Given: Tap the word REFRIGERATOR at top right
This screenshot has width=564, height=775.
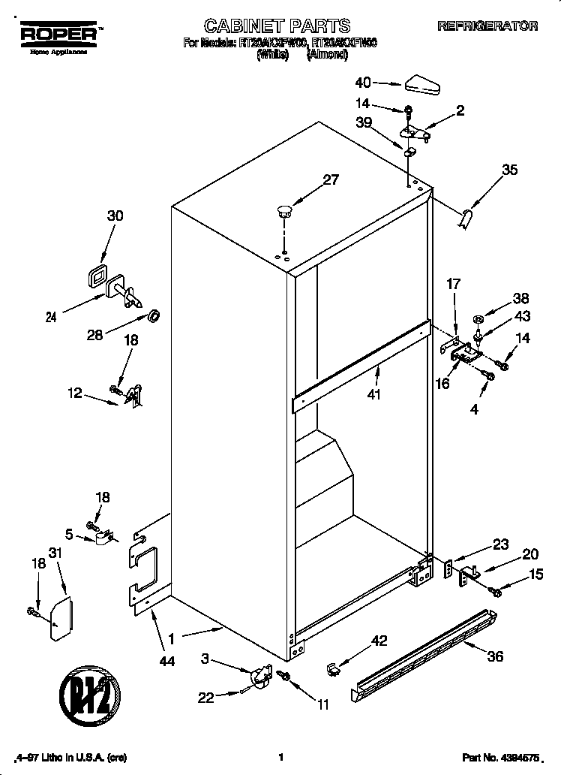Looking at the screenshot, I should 487,26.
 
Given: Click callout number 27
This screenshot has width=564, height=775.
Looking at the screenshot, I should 331,180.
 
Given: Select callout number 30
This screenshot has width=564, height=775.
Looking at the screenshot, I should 115,216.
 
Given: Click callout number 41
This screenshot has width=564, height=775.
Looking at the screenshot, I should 374,394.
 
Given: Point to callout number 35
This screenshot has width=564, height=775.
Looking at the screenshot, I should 509,170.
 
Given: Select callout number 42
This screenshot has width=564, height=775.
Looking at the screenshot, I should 379,641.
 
